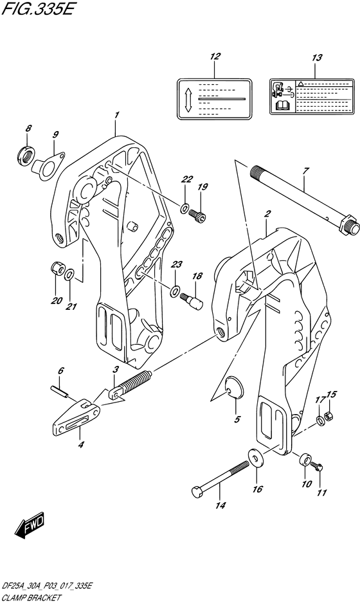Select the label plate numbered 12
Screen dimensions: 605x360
[x=215, y=98]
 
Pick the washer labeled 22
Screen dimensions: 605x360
[x=184, y=208]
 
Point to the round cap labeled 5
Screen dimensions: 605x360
[x=235, y=388]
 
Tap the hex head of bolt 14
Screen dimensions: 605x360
[x=197, y=492]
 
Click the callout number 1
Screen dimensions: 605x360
[x=116, y=116]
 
